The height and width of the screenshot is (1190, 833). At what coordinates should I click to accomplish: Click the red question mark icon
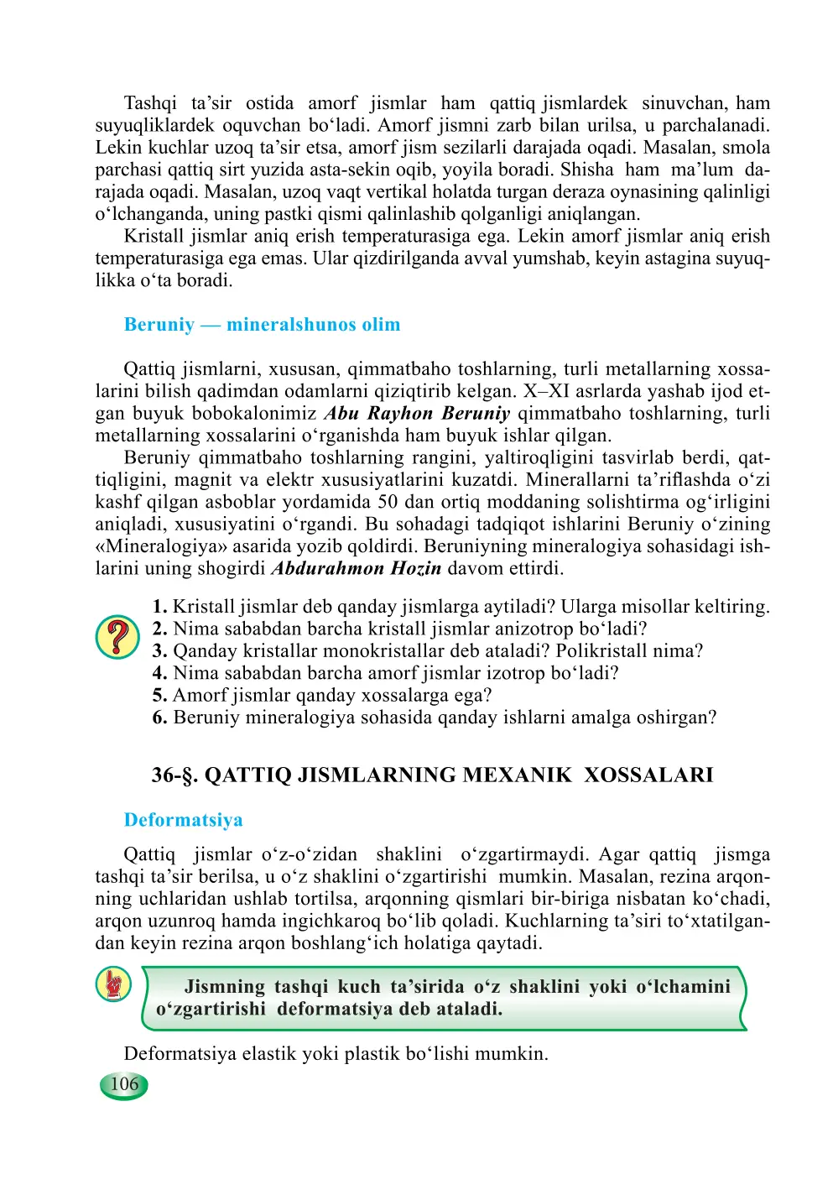coord(117,637)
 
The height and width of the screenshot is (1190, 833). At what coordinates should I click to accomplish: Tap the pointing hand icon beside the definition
coord(113,984)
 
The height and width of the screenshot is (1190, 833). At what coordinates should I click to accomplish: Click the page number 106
coord(124,1084)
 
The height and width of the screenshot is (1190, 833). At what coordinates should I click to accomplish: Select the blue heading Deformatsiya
coord(183,820)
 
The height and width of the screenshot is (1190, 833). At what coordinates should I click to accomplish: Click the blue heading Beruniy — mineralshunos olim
coord(262,325)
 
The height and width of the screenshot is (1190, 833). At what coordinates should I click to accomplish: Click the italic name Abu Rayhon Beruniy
coord(417,414)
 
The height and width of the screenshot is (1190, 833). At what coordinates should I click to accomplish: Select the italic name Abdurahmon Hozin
coord(356,569)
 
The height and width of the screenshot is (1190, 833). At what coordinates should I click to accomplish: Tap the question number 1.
coord(159,607)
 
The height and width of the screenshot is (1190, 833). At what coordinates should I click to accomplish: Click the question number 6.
coord(159,718)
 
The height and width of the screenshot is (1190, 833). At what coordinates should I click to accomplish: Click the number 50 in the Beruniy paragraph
coord(388,502)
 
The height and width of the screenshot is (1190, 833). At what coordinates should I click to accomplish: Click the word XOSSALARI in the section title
coord(648,775)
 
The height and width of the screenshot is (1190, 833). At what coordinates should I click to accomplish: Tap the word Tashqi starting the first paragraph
coord(150,103)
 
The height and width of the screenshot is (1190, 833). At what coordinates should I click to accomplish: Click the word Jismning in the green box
coord(223,987)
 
